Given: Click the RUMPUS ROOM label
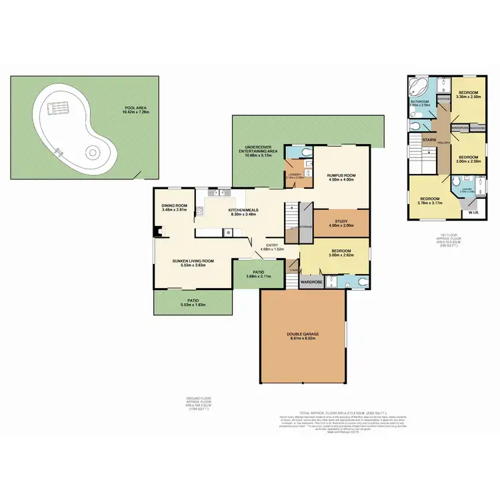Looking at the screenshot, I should click(341, 175).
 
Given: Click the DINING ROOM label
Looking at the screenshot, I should click(174, 205).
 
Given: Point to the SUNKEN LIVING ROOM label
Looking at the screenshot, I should click(193, 261).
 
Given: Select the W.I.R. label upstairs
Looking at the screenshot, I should click(473, 213).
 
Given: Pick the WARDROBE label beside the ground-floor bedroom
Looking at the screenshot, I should click(312, 281).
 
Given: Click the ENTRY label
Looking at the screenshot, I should click(272, 245).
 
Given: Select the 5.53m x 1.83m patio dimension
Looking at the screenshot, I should click(193, 305).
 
